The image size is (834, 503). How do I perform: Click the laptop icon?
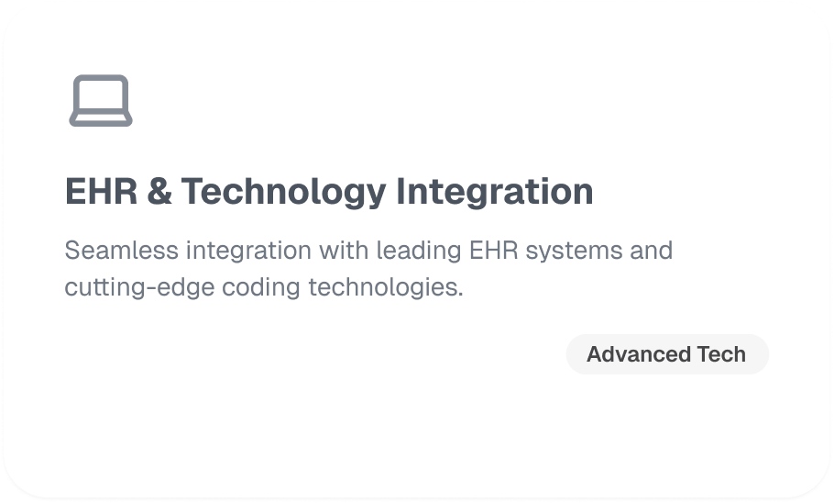101,101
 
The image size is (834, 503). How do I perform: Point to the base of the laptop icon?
101,119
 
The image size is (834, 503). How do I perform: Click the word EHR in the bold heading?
101,191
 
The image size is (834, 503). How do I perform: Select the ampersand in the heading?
159,191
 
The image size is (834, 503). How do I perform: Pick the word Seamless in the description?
121,251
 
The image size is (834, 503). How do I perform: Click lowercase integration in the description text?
248,251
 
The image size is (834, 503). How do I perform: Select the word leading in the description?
419,251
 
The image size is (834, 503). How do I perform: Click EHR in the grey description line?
494,251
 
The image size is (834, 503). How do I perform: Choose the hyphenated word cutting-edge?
139,288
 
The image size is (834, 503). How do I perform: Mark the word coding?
261,288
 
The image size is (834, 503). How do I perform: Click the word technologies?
386,288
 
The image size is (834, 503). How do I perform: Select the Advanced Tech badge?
667,354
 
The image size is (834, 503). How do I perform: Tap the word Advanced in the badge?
638,354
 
